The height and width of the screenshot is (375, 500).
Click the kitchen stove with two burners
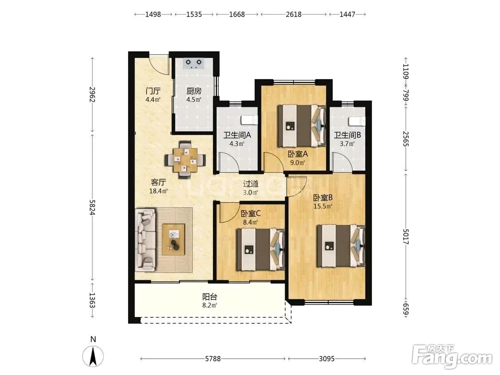pos(194,64)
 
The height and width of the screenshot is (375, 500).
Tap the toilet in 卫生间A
pos(249,120)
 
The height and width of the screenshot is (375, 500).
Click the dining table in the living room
pos(185,160)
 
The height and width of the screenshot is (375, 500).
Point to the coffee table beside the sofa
pos(173,239)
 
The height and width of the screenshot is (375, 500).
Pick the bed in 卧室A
pos(301,126)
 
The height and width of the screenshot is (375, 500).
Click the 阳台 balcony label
pos(210,297)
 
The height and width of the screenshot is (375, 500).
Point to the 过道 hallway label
pos(251,184)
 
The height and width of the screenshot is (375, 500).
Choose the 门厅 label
pos(153,91)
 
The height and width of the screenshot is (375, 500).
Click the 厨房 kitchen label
pos(194,91)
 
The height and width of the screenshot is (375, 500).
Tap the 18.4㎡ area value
pos(159,191)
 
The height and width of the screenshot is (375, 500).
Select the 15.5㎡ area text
pos(323,206)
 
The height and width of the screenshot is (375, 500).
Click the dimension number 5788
pos(213,359)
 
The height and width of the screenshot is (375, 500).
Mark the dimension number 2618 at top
pos(294,14)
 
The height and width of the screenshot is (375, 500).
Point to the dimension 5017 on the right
pos(406,236)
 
